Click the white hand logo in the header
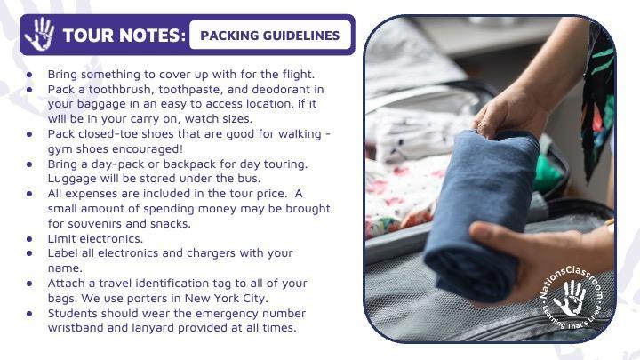(39, 35)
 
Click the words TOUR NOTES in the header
(124, 36)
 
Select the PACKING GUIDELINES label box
(270, 36)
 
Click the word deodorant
(284, 90)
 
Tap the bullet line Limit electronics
(95, 238)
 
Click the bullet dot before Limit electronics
(31, 239)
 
